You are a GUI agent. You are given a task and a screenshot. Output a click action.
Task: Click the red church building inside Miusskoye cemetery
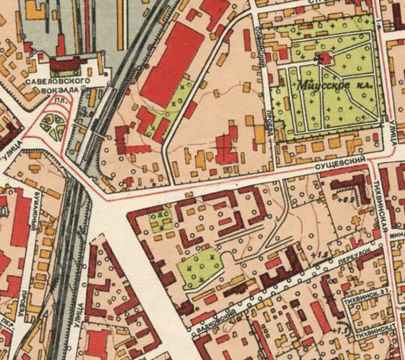click(x=324, y=58)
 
